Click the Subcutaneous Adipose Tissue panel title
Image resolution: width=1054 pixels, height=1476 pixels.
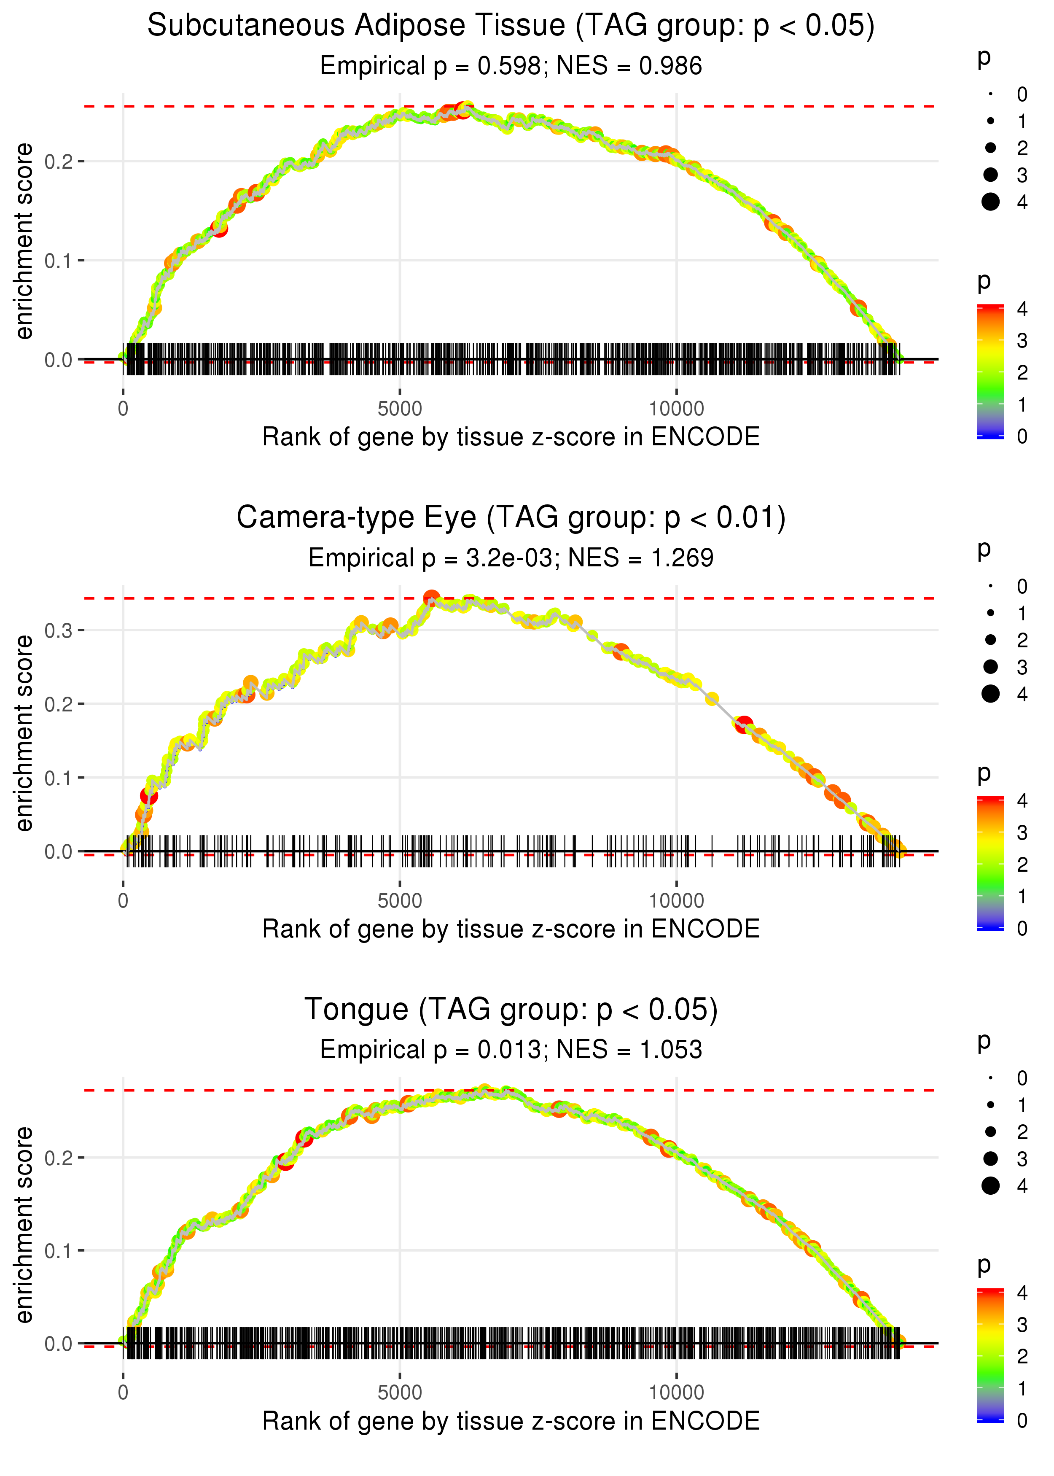point(511,26)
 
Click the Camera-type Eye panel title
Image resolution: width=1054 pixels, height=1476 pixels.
point(511,518)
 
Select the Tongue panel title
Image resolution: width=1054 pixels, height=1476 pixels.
point(511,1010)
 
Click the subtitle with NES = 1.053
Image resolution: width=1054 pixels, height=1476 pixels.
point(511,1050)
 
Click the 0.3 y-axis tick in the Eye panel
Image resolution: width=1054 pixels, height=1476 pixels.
point(59,630)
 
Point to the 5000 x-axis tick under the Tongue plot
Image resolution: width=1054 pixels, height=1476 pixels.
point(400,1392)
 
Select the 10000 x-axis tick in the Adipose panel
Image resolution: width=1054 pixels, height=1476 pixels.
point(676,409)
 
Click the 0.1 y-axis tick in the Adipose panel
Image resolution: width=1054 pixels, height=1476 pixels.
point(59,260)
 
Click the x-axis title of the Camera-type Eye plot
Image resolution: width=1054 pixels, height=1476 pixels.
point(511,929)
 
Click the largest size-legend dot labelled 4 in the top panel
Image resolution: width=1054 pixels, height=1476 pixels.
point(990,202)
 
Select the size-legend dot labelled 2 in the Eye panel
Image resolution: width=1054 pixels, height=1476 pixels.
point(990,640)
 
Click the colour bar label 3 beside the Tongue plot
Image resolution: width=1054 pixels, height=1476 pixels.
point(1022,1324)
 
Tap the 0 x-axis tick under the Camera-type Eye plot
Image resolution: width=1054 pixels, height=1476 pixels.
point(123,901)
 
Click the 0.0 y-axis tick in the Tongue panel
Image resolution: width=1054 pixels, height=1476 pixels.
point(59,1343)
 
